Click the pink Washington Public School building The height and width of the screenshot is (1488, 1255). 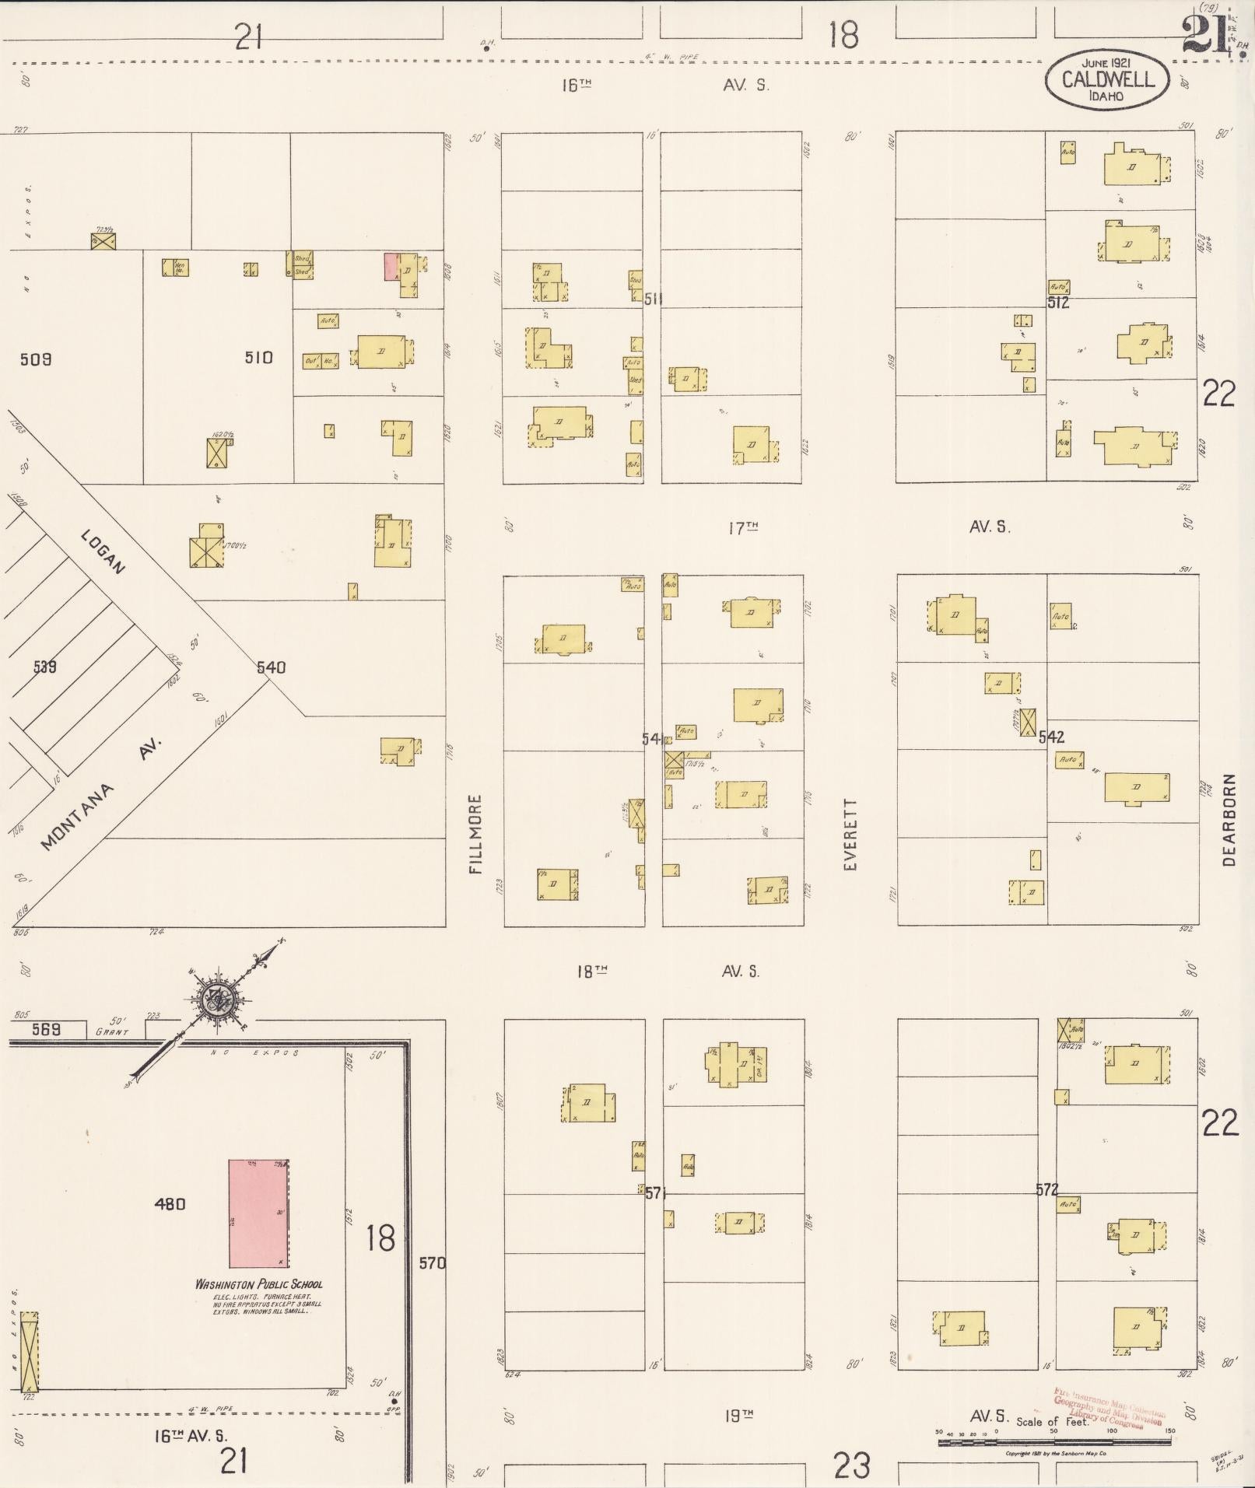pyautogui.click(x=258, y=1213)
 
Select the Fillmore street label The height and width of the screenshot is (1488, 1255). pyautogui.click(x=476, y=834)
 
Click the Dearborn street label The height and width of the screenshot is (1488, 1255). pyautogui.click(x=1229, y=819)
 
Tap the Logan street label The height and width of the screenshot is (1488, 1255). pyautogui.click(x=103, y=551)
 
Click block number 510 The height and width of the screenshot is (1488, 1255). pyautogui.click(x=258, y=358)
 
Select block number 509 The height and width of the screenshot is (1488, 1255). pyautogui.click(x=36, y=359)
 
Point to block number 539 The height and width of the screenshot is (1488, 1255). pyautogui.click(x=45, y=667)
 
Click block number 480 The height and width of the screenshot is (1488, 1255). pyautogui.click(x=170, y=1204)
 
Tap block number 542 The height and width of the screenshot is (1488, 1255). pyautogui.click(x=1051, y=737)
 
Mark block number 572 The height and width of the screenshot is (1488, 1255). pyautogui.click(x=1046, y=1189)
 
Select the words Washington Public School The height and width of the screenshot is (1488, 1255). pyautogui.click(x=258, y=1284)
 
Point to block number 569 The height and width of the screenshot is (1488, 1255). pyautogui.click(x=47, y=1029)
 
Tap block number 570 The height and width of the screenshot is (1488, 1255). pyautogui.click(x=432, y=1263)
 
